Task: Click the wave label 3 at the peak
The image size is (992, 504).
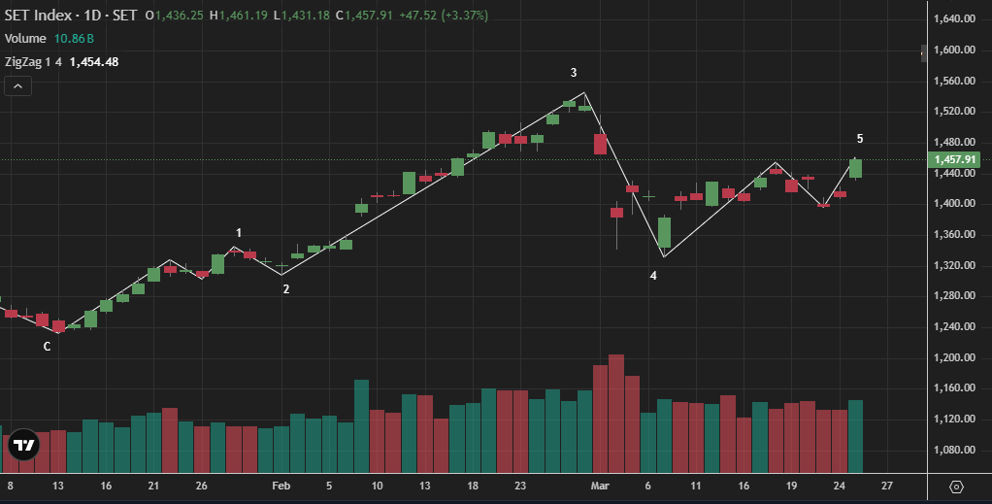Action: point(574,73)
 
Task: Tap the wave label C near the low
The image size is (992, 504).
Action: point(47,347)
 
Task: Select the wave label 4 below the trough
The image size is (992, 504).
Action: point(653,276)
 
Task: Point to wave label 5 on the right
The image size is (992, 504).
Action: point(860,139)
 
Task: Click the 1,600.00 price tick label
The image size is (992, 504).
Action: point(954,50)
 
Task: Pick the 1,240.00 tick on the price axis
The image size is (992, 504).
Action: point(954,327)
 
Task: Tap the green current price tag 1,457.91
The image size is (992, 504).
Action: point(954,160)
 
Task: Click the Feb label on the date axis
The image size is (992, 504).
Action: point(281,486)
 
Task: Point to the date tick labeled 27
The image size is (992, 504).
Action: point(887,486)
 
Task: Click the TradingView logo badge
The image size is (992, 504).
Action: point(23,445)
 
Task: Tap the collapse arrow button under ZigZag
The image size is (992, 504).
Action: point(18,85)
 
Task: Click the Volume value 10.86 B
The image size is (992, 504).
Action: point(74,39)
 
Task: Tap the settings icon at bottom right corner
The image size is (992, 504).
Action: point(956,487)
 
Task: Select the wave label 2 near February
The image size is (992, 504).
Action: point(285,288)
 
